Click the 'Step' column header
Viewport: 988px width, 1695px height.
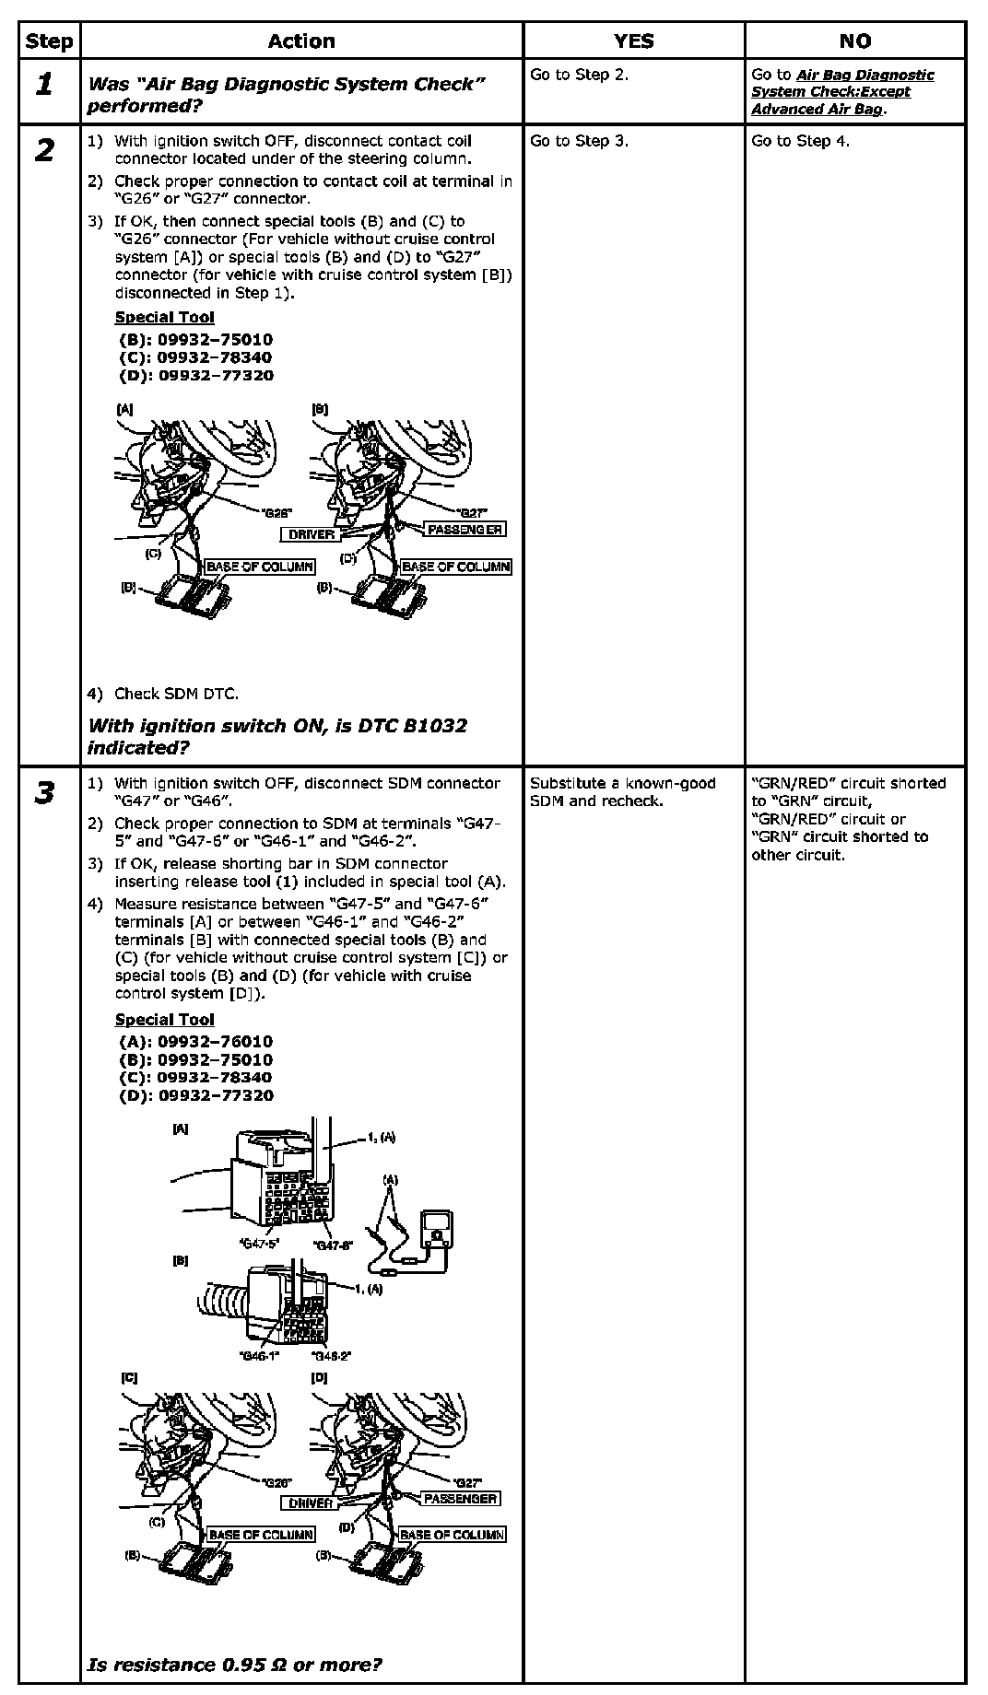tap(49, 41)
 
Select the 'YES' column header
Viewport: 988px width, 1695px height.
tap(633, 41)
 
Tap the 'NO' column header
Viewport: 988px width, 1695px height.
tap(854, 41)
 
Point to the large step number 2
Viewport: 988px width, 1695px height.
tap(44, 151)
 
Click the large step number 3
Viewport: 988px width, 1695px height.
tap(44, 793)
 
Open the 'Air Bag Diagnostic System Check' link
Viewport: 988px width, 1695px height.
tap(842, 92)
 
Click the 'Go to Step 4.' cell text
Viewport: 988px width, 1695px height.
tap(800, 141)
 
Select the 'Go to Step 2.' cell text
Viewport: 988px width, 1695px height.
tap(579, 75)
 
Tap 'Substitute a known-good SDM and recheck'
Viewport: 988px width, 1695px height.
tap(622, 792)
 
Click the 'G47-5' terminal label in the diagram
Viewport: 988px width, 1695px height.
tap(259, 1244)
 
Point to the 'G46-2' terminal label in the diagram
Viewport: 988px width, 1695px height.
tap(332, 1356)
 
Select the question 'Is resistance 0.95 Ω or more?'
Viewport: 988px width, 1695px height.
tap(235, 1665)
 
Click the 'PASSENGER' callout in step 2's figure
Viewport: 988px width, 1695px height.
tap(465, 529)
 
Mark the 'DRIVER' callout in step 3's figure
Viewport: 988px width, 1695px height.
tap(311, 1503)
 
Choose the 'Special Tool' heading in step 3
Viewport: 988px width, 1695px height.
tap(164, 1020)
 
